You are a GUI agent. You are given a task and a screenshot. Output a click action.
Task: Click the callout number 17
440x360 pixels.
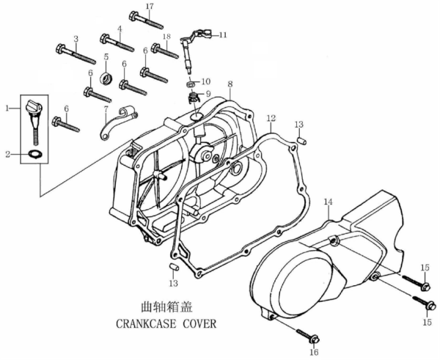tap(150, 7)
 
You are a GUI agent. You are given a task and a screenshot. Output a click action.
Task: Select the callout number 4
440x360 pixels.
tap(119, 29)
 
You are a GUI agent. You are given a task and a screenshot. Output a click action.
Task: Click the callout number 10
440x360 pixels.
tap(206, 81)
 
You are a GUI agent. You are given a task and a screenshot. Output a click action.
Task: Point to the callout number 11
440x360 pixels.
tap(223, 34)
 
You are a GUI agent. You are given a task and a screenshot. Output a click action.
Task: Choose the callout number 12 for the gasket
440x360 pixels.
tap(271, 118)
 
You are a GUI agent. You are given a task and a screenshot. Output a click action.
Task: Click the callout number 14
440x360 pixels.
tap(328, 201)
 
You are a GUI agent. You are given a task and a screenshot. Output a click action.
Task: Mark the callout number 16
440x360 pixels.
tap(315, 353)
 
